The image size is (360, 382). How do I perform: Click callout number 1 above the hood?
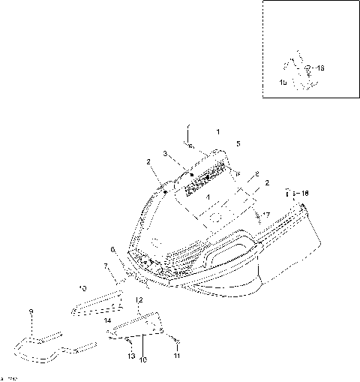218,131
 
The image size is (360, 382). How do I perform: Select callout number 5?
238,143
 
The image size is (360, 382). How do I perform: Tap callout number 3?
165,153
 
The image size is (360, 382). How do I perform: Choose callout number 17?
265,215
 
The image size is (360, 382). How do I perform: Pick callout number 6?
112,248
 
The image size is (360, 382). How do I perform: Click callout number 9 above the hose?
31,311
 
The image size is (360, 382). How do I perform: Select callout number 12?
139,299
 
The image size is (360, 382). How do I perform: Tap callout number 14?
108,320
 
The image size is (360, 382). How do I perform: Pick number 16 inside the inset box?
320,68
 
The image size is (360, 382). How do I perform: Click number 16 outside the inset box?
304,193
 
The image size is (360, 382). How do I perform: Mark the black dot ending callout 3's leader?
190,174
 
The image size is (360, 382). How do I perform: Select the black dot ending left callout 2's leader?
164,192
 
